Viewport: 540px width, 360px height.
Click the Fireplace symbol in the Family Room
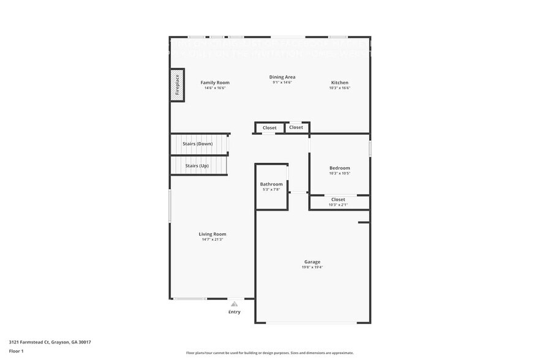[178, 84]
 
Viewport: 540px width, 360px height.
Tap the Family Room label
[215, 83]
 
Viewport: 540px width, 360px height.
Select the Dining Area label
[282, 77]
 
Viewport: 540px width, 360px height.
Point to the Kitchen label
[340, 83]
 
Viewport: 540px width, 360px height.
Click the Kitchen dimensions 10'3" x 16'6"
[340, 88]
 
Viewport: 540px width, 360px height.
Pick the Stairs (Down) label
[198, 144]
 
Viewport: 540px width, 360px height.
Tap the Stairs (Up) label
[197, 166]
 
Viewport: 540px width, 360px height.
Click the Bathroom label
[271, 184]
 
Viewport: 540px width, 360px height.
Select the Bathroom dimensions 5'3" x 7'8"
[271, 190]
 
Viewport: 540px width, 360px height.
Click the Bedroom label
[340, 168]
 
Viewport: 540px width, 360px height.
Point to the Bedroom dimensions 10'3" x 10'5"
[340, 173]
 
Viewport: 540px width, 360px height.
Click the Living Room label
[212, 234]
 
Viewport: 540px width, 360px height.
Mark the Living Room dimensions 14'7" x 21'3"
[212, 239]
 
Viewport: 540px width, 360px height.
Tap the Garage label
[312, 261]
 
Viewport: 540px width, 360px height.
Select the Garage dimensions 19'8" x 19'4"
[312, 267]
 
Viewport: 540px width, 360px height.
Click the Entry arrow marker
[234, 303]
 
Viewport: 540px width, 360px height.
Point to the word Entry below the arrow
[234, 312]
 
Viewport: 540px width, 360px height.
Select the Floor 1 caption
[16, 351]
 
